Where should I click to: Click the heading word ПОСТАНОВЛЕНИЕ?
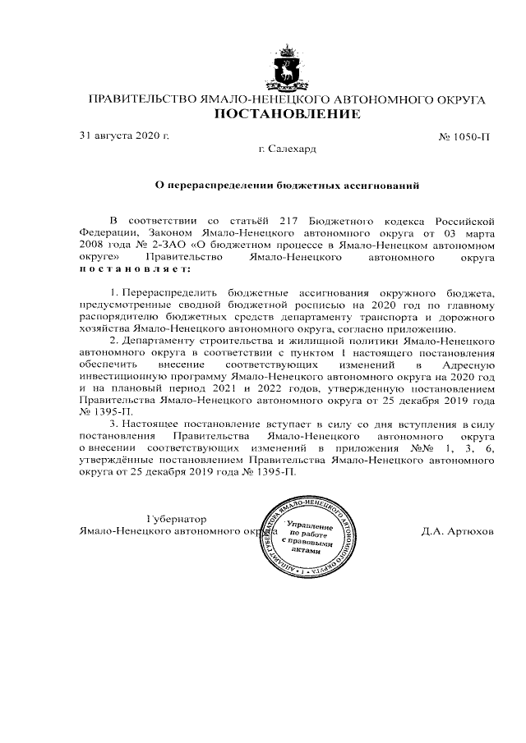point(287,114)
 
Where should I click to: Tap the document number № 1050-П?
point(464,135)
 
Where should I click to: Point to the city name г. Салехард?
point(287,149)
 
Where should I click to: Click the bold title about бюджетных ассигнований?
point(287,186)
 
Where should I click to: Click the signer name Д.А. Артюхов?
point(457,531)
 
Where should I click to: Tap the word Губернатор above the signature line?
point(176,519)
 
